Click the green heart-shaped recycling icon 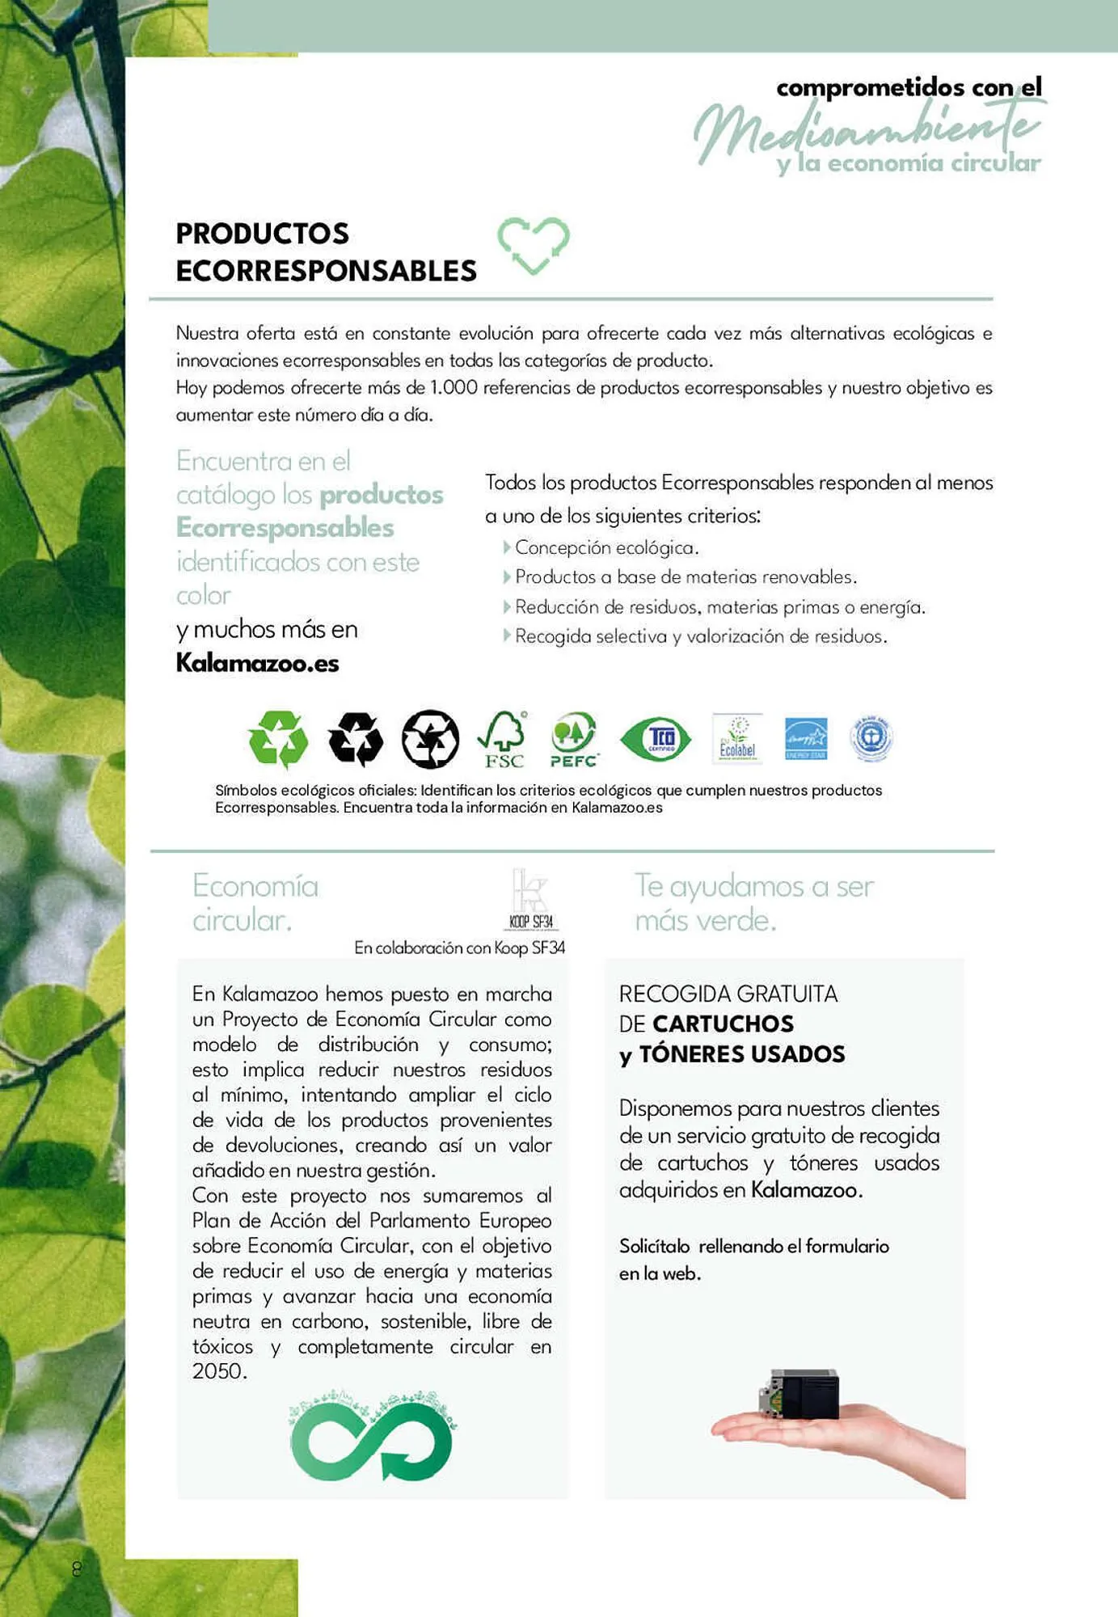point(533,245)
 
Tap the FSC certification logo point(503,739)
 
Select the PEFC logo point(573,739)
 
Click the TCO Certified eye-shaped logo point(656,738)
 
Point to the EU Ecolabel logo point(737,737)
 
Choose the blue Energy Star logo point(805,738)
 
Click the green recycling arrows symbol point(278,738)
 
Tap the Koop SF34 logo point(531,899)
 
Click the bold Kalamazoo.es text point(257,664)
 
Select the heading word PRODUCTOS point(262,234)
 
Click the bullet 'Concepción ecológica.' point(606,548)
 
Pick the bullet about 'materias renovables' point(686,577)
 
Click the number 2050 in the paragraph point(218,1371)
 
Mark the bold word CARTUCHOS point(723,1024)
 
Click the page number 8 point(77,1569)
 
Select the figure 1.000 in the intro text point(454,388)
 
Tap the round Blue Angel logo point(871,737)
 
